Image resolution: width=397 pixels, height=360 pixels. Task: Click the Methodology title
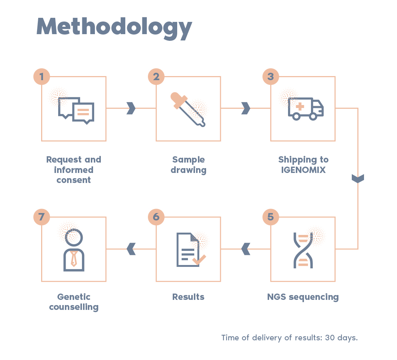pyautogui.click(x=114, y=27)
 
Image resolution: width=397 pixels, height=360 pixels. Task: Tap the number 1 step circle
pyautogui.click(x=42, y=77)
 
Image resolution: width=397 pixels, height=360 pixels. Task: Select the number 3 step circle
pyautogui.click(x=271, y=77)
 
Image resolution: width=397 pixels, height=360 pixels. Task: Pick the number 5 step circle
pyautogui.click(x=271, y=217)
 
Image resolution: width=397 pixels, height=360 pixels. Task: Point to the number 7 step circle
pyautogui.click(x=42, y=217)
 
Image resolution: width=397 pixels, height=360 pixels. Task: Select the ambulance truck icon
pyautogui.click(x=305, y=109)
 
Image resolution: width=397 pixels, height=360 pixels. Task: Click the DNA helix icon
pyautogui.click(x=303, y=250)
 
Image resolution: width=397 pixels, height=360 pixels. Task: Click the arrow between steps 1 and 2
pyautogui.click(x=131, y=108)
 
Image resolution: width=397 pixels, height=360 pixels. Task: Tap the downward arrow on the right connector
pyautogui.click(x=358, y=179)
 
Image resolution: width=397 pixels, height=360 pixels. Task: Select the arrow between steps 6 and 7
pyautogui.click(x=131, y=249)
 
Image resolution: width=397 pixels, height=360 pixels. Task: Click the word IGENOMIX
pyautogui.click(x=303, y=170)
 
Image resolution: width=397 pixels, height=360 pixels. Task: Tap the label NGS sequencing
pyautogui.click(x=303, y=297)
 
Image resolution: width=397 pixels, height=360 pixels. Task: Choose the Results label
pyautogui.click(x=188, y=297)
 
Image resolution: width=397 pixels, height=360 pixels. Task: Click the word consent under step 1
pyautogui.click(x=73, y=180)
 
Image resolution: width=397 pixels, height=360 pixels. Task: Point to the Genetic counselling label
pyautogui.click(x=74, y=302)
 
